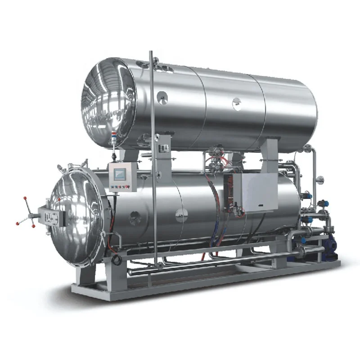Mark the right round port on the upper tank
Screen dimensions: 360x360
pyautogui.click(x=237, y=104)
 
